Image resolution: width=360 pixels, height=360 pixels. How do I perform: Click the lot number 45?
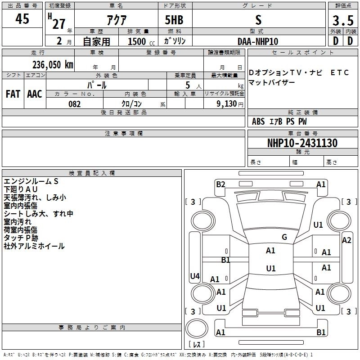pyautogui.click(x=22, y=20)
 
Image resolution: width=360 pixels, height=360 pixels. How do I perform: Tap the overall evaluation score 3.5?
pyautogui.click(x=342, y=21)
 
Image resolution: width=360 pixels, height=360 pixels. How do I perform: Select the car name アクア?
pyautogui.click(x=116, y=20)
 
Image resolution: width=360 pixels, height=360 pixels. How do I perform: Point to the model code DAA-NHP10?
pyautogui.click(x=258, y=41)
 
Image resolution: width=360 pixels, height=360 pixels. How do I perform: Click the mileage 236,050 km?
pyautogui.click(x=53, y=64)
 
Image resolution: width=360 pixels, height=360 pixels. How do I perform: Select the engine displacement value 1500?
pyautogui.click(x=137, y=41)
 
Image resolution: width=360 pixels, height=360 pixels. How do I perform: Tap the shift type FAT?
pyautogui.click(x=13, y=94)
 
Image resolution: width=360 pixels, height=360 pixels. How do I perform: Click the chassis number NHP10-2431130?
pyautogui.click(x=302, y=143)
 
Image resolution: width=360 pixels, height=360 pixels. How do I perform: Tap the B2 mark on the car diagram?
pyautogui.click(x=220, y=184)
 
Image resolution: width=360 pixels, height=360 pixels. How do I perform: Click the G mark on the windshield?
pyautogui.click(x=284, y=237)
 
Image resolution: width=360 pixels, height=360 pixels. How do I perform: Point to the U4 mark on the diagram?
pyautogui.click(x=195, y=276)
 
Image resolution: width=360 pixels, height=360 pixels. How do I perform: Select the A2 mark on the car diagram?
pyautogui.click(x=346, y=240)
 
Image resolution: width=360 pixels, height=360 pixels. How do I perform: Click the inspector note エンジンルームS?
pyautogui.click(x=31, y=181)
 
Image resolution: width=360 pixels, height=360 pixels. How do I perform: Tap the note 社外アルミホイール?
pyautogui.click(x=34, y=246)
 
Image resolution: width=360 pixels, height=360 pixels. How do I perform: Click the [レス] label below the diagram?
pyautogui.click(x=196, y=345)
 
